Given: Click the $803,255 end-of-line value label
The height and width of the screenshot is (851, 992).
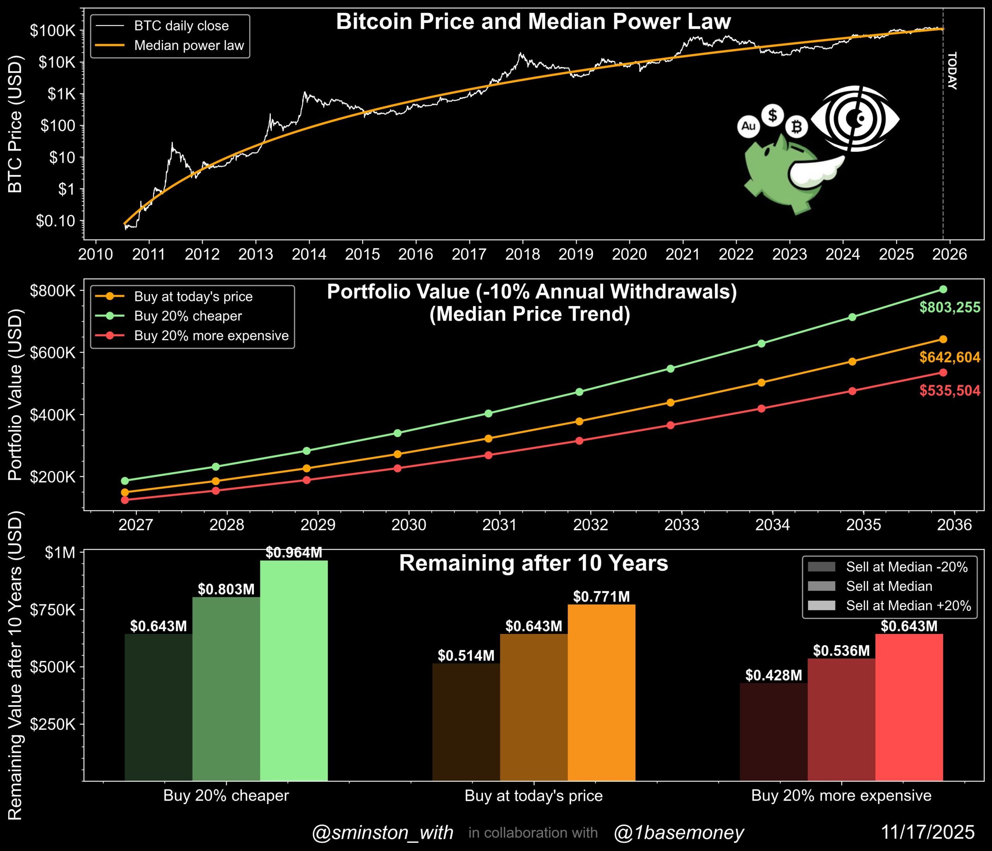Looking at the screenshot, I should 949,307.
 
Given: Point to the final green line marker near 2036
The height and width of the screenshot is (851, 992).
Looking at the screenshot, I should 943,289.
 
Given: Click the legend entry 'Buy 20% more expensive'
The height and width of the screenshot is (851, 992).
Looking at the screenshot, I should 211,336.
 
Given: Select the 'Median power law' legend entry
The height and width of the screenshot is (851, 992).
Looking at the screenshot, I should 189,45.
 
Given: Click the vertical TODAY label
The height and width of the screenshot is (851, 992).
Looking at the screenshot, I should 952,71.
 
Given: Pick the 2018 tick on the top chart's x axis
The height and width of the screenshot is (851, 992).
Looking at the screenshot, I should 522,254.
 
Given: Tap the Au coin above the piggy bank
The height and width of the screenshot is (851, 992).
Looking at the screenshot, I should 748,126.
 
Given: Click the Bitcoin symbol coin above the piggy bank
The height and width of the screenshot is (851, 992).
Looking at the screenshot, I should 797,127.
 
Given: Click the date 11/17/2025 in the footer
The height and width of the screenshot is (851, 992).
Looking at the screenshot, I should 927,832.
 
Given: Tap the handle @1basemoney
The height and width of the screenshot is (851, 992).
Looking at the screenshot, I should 679,833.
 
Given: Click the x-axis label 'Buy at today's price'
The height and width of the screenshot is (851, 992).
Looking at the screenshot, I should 533,796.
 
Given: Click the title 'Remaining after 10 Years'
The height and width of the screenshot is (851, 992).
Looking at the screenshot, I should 533,564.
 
